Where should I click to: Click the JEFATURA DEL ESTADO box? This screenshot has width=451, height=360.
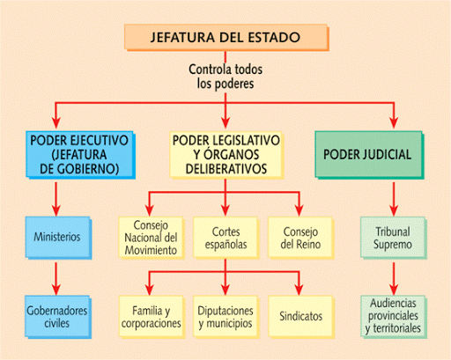pyautogui.click(x=226, y=38)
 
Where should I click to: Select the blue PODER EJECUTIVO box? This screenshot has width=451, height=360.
pyautogui.click(x=80, y=155)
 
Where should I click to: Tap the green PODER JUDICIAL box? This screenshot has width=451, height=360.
pyautogui.click(x=369, y=155)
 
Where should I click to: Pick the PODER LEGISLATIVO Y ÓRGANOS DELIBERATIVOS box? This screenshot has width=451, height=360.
pyautogui.click(x=226, y=155)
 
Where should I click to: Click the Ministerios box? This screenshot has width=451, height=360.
pyautogui.click(x=58, y=238)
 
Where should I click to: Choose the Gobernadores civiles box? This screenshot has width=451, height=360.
pyautogui.click(x=58, y=317)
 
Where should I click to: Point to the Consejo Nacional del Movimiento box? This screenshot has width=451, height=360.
pyautogui.click(x=152, y=238)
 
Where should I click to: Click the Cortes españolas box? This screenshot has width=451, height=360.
pyautogui.click(x=226, y=238)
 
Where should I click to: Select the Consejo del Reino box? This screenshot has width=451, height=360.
pyautogui.click(x=301, y=238)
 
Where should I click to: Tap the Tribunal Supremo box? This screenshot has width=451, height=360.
pyautogui.click(x=394, y=238)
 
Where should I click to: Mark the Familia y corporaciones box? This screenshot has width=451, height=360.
pyautogui.click(x=152, y=317)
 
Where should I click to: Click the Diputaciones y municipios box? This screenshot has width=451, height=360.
pyautogui.click(x=226, y=317)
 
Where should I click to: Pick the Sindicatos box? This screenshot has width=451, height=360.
pyautogui.click(x=301, y=317)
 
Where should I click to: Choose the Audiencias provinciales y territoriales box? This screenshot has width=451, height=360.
pyautogui.click(x=394, y=317)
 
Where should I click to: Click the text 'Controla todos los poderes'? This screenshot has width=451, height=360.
pyautogui.click(x=225, y=77)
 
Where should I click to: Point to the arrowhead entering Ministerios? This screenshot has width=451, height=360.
pyautogui.click(x=56, y=210)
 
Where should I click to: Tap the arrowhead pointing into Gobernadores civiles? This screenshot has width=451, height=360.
pyautogui.click(x=56, y=290)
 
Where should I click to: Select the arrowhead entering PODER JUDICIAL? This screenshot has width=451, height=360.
pyautogui.click(x=394, y=122)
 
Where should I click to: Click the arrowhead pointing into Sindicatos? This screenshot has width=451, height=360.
pyautogui.click(x=299, y=290)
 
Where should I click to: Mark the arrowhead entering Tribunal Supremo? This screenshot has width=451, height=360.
pyautogui.click(x=394, y=210)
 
